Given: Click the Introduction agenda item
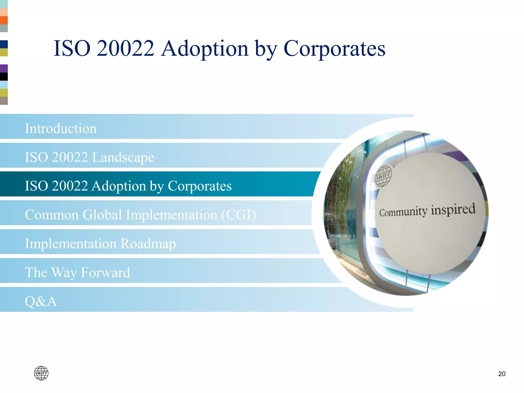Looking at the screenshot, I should click(x=61, y=128).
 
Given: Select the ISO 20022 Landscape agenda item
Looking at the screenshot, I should click(x=90, y=157).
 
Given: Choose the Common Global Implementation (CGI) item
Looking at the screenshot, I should click(x=140, y=214).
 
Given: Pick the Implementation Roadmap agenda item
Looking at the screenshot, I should click(x=100, y=243).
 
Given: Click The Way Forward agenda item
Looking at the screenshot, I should click(x=78, y=272).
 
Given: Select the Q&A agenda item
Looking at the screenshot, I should click(x=41, y=301).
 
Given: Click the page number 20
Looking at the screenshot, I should click(x=501, y=374).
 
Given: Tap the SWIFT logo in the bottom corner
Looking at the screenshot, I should click(x=41, y=373).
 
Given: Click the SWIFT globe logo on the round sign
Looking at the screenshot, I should click(x=383, y=176).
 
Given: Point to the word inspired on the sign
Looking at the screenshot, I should click(x=453, y=210).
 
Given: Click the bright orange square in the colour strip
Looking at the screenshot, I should click(x=4, y=20).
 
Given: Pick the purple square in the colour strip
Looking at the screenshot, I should click(x=4, y=68).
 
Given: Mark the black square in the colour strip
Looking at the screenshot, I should click(x=4, y=77).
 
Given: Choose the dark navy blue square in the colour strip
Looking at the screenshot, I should click(x=4, y=44).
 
